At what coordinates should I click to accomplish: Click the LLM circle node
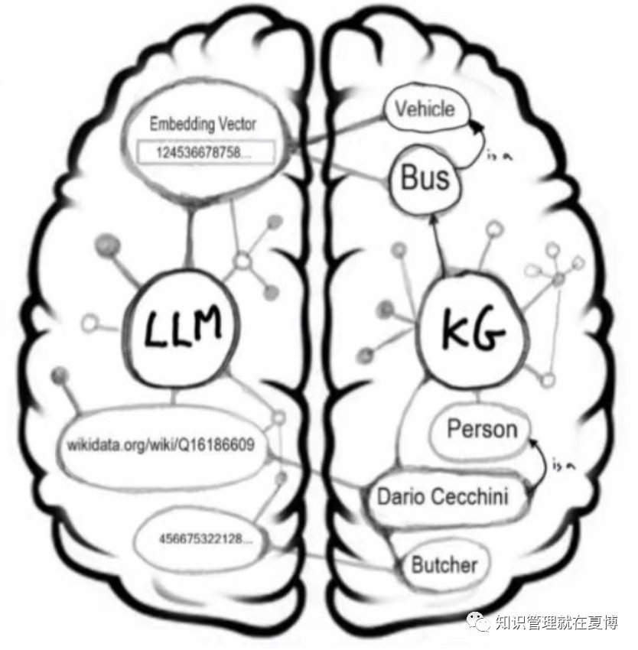point(183,330)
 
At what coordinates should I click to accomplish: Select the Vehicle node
point(425,109)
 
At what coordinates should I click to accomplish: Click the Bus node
point(425,180)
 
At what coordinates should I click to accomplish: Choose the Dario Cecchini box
point(443,497)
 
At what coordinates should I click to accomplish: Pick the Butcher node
point(444,566)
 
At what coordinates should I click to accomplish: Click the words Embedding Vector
point(203,124)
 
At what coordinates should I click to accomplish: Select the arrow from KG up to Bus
point(438,245)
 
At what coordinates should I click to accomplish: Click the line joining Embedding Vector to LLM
point(187,237)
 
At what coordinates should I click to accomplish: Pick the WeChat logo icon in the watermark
point(480,622)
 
